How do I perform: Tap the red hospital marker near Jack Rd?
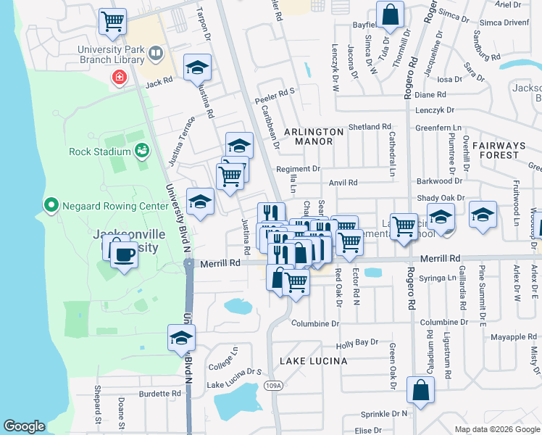[x=117, y=77]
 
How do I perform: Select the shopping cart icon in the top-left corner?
[x=112, y=21]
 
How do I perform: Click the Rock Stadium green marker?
[x=141, y=151]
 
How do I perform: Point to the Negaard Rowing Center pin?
[x=51, y=205]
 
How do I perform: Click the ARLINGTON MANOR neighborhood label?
[x=313, y=132]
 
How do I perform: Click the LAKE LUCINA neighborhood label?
[x=313, y=360]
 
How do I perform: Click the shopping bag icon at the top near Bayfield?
[x=390, y=14]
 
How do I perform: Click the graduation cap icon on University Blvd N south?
[x=181, y=337]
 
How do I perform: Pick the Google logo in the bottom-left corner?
[x=24, y=426]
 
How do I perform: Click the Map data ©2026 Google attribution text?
[x=496, y=429]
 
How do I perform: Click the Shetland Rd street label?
[x=370, y=127]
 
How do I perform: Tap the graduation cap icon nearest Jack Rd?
[x=197, y=67]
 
